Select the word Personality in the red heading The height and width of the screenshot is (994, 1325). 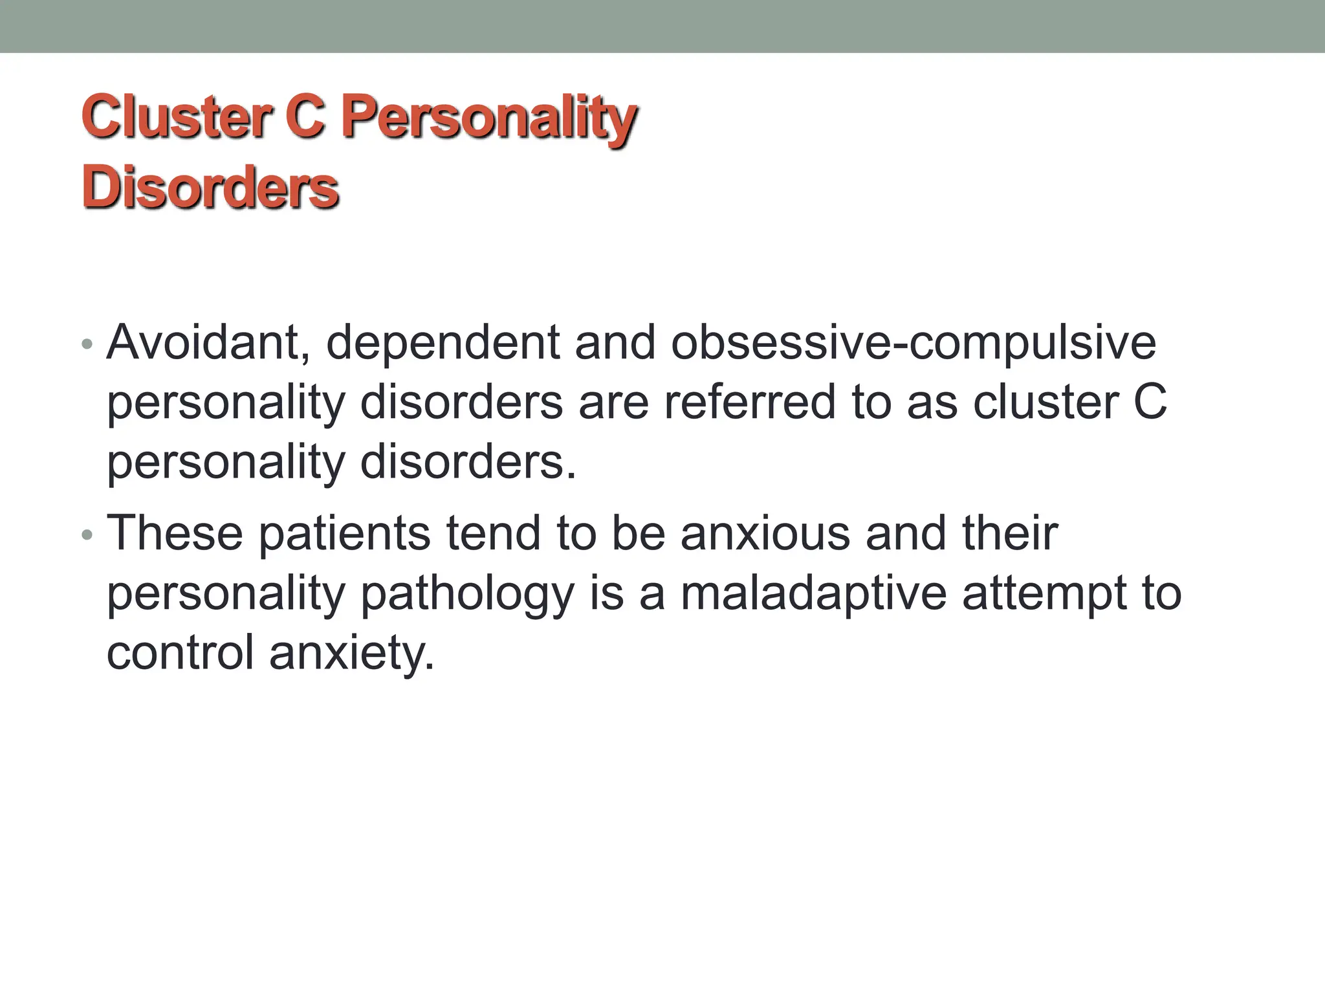(x=488, y=118)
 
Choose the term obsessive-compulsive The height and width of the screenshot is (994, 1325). (x=913, y=343)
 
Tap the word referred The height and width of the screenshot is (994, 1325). (x=749, y=403)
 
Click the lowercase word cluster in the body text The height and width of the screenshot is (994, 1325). (x=1046, y=403)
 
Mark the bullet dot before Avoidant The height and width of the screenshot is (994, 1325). (x=87, y=344)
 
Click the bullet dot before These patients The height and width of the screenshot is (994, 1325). (x=87, y=535)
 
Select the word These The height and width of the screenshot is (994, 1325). (x=175, y=533)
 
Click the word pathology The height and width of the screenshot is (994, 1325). (x=467, y=594)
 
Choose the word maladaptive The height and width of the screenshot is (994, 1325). (x=813, y=593)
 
